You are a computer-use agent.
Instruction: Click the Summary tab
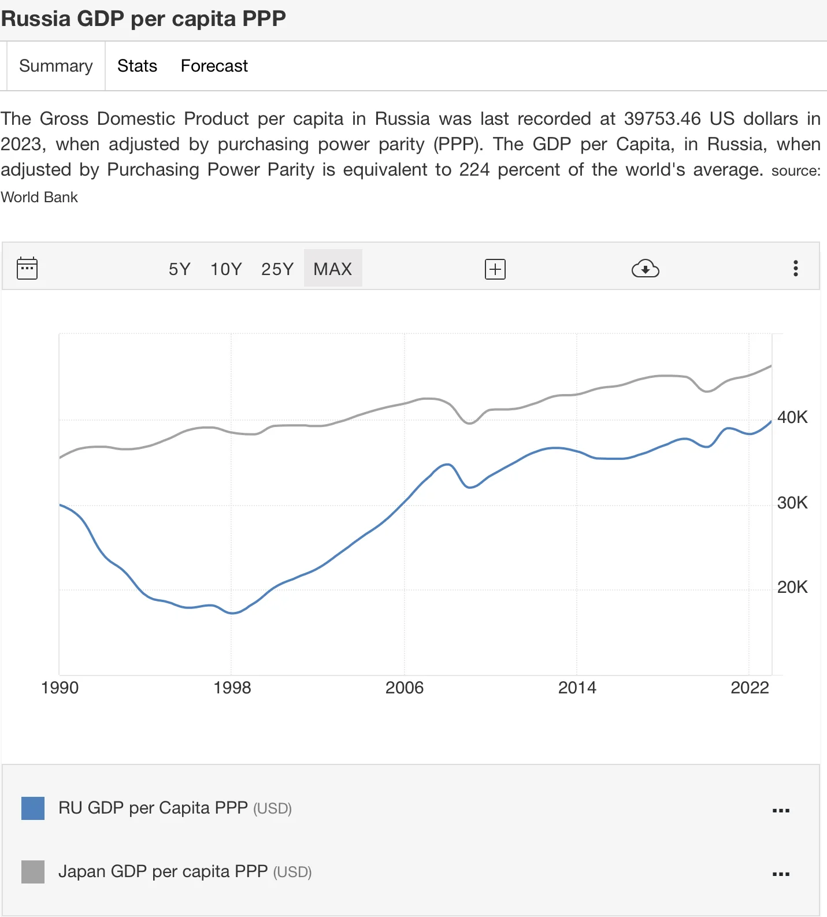point(55,66)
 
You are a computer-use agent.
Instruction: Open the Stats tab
point(137,66)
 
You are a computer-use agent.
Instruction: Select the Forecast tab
point(214,66)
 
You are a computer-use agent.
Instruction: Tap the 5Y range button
point(179,269)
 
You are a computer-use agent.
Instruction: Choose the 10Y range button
point(226,269)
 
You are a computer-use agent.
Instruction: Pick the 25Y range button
point(277,269)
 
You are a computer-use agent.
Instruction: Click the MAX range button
point(333,269)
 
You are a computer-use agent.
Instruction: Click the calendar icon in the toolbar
point(27,268)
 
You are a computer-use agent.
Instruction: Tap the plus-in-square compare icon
point(495,269)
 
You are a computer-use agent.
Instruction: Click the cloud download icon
point(645,269)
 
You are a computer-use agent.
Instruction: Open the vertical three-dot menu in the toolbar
point(796,268)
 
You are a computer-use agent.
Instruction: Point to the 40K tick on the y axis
point(792,417)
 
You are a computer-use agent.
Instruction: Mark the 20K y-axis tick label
point(792,587)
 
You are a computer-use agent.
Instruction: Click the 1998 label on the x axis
point(232,688)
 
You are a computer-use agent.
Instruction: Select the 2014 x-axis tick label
point(577,688)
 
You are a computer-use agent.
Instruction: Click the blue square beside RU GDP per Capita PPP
point(33,808)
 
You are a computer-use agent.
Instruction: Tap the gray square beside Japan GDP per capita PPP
point(33,871)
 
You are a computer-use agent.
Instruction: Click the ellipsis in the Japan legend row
point(781,874)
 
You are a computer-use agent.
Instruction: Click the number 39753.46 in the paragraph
point(662,118)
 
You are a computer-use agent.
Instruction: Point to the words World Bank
point(39,197)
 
